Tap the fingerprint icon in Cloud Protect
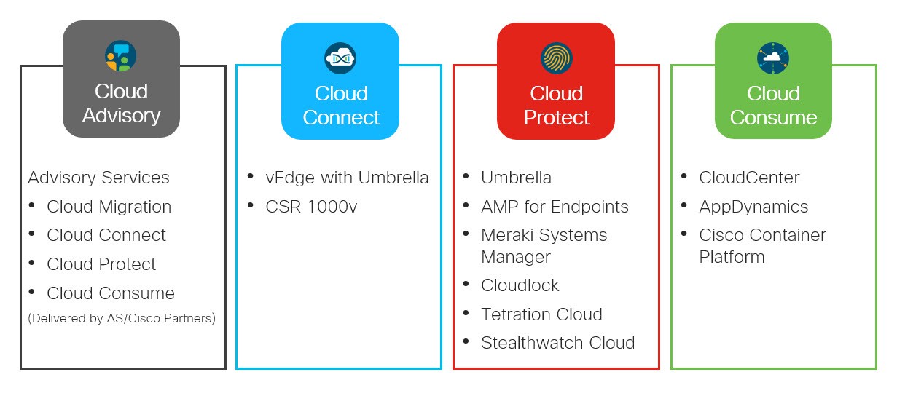[557, 58]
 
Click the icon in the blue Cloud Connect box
[340, 58]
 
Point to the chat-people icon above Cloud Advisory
[121, 56]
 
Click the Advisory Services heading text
[98, 178]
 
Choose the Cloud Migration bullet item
[109, 207]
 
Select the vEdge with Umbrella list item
[347, 178]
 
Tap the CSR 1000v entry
[311, 207]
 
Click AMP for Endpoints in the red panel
[555, 207]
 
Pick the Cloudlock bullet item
[520, 285]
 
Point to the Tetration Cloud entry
[541, 314]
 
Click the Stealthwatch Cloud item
[557, 343]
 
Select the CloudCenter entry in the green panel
[749, 178]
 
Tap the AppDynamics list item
[753, 207]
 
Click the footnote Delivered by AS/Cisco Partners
[122, 318]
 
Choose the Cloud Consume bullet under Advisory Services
[111, 293]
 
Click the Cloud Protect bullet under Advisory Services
[101, 264]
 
